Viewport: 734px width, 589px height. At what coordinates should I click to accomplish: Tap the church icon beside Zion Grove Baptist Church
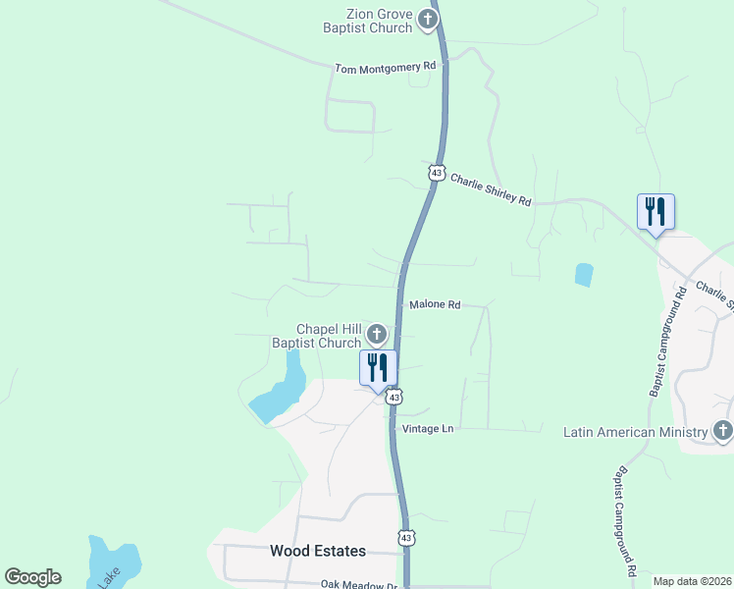(x=427, y=19)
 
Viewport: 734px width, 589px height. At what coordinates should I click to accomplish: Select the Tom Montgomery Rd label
(x=385, y=68)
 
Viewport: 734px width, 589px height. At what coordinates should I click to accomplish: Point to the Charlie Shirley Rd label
(x=491, y=188)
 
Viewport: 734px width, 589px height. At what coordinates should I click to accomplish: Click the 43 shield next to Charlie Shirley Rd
(x=436, y=173)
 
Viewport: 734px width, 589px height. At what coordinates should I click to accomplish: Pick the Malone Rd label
(x=435, y=305)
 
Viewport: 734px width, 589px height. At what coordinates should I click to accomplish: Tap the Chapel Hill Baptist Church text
(x=329, y=336)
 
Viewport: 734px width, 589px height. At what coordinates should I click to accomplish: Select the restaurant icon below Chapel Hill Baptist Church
(x=379, y=368)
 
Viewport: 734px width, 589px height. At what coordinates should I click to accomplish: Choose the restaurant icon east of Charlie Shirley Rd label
(x=655, y=212)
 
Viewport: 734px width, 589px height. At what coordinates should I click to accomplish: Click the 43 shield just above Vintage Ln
(x=393, y=397)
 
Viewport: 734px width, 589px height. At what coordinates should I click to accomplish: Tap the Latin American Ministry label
(x=636, y=432)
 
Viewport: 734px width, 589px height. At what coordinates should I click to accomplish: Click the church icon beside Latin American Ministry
(x=722, y=431)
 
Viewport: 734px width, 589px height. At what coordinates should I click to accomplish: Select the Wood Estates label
(x=318, y=552)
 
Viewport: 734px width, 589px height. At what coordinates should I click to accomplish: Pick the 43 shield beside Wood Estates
(x=406, y=537)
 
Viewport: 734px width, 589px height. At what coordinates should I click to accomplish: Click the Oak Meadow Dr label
(x=359, y=584)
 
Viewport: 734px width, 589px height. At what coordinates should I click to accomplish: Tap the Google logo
(x=32, y=577)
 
